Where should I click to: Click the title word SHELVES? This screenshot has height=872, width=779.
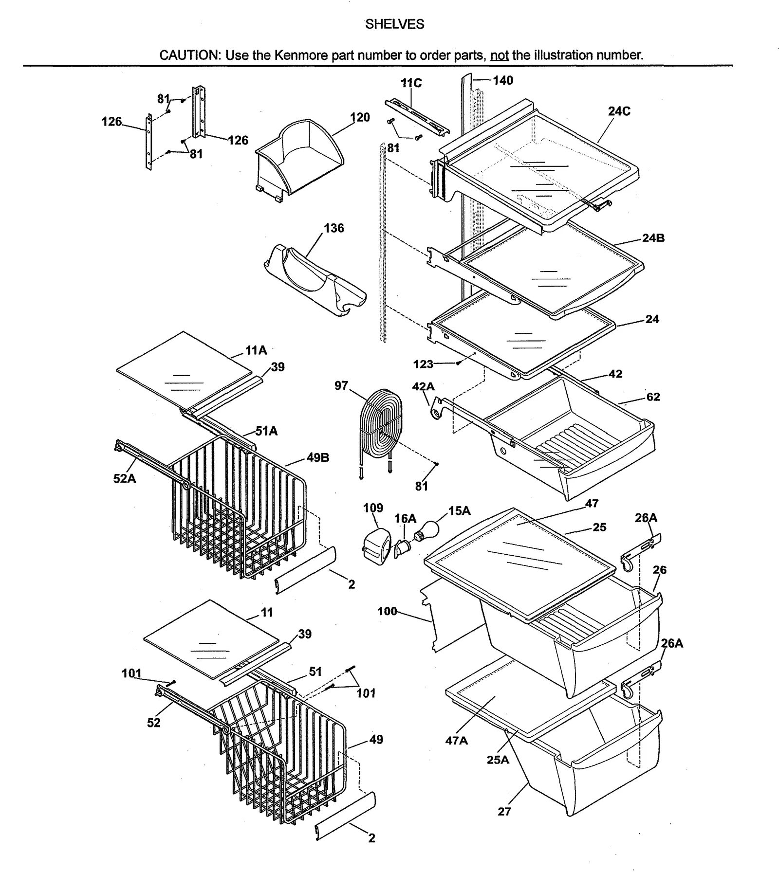pos(394,24)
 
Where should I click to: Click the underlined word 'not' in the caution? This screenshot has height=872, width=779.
pos(499,55)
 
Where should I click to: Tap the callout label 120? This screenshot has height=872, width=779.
pos(360,117)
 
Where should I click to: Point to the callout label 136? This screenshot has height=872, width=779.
pos(334,228)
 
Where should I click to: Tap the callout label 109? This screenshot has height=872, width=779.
pos(373,508)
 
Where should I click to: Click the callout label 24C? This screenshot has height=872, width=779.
pos(619,111)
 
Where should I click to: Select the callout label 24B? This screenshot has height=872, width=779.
pos(653,238)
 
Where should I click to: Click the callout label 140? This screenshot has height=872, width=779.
pos(502,81)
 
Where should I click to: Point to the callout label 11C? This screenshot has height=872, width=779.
pos(411,83)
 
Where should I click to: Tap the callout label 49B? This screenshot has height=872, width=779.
pos(318,457)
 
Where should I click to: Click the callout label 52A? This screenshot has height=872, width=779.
pos(125,479)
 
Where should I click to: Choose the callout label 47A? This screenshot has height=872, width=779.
pos(456,741)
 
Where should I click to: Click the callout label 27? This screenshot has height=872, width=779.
pos(504,811)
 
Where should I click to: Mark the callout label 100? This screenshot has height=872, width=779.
pos(387,611)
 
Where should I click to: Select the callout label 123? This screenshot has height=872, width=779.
pos(423,364)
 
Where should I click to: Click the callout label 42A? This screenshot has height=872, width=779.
pos(423,387)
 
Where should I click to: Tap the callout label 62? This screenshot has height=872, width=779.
pos(653,397)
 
